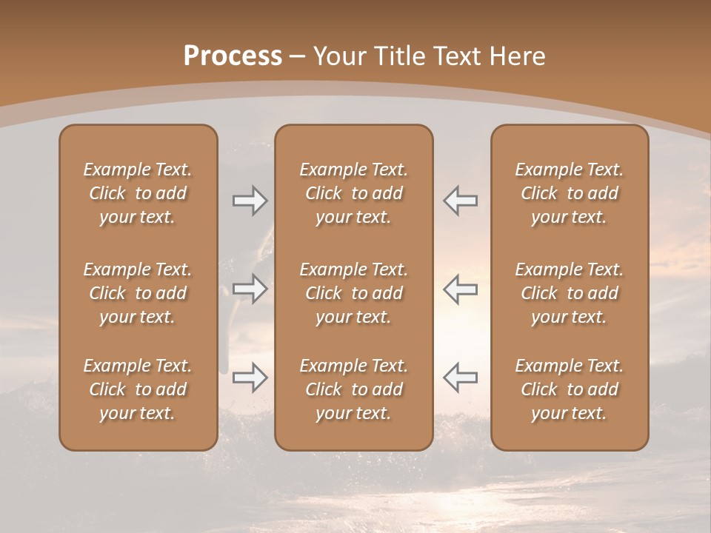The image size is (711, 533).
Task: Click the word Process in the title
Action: (233, 56)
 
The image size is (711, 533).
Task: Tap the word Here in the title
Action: (516, 56)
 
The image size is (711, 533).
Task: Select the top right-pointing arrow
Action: (250, 201)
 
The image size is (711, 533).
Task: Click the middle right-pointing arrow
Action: (250, 289)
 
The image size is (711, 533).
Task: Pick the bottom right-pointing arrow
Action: (250, 378)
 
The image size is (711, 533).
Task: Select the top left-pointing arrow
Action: (460, 201)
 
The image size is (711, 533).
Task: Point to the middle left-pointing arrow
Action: (460, 289)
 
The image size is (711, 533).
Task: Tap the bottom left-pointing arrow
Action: (460, 378)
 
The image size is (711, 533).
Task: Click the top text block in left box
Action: (138, 193)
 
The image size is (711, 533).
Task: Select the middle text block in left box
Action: (138, 293)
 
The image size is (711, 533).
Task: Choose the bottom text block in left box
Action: (138, 389)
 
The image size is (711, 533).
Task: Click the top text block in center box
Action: (353, 193)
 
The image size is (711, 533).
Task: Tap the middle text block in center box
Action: (353, 293)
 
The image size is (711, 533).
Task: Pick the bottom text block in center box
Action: (353, 389)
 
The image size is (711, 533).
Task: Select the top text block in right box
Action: (570, 193)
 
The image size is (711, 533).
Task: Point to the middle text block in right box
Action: (570, 293)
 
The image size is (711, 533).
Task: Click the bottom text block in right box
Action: (570, 389)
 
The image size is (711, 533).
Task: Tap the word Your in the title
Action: (338, 56)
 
